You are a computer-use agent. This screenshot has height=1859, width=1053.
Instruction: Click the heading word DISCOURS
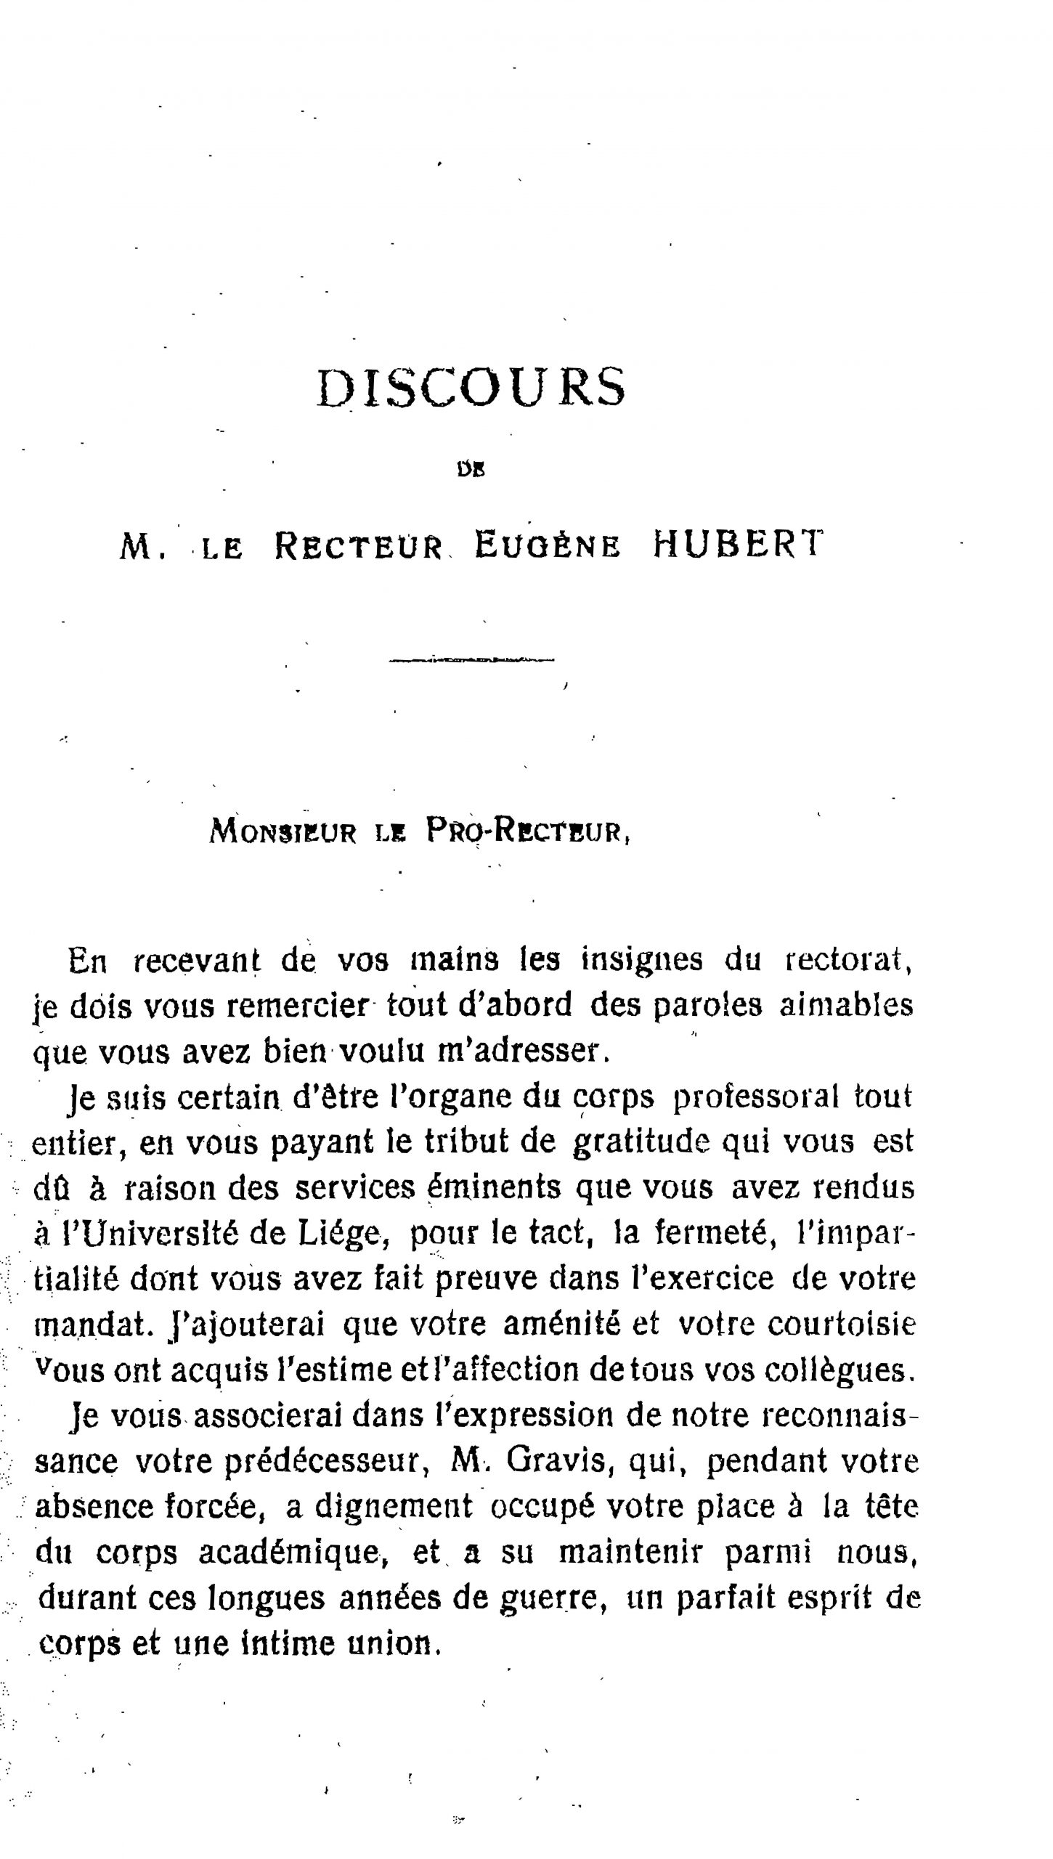471,387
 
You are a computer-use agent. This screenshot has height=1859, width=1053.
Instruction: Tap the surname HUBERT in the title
739,545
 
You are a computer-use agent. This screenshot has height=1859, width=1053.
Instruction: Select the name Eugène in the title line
548,546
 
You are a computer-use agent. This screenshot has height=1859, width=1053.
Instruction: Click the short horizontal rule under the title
471,660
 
